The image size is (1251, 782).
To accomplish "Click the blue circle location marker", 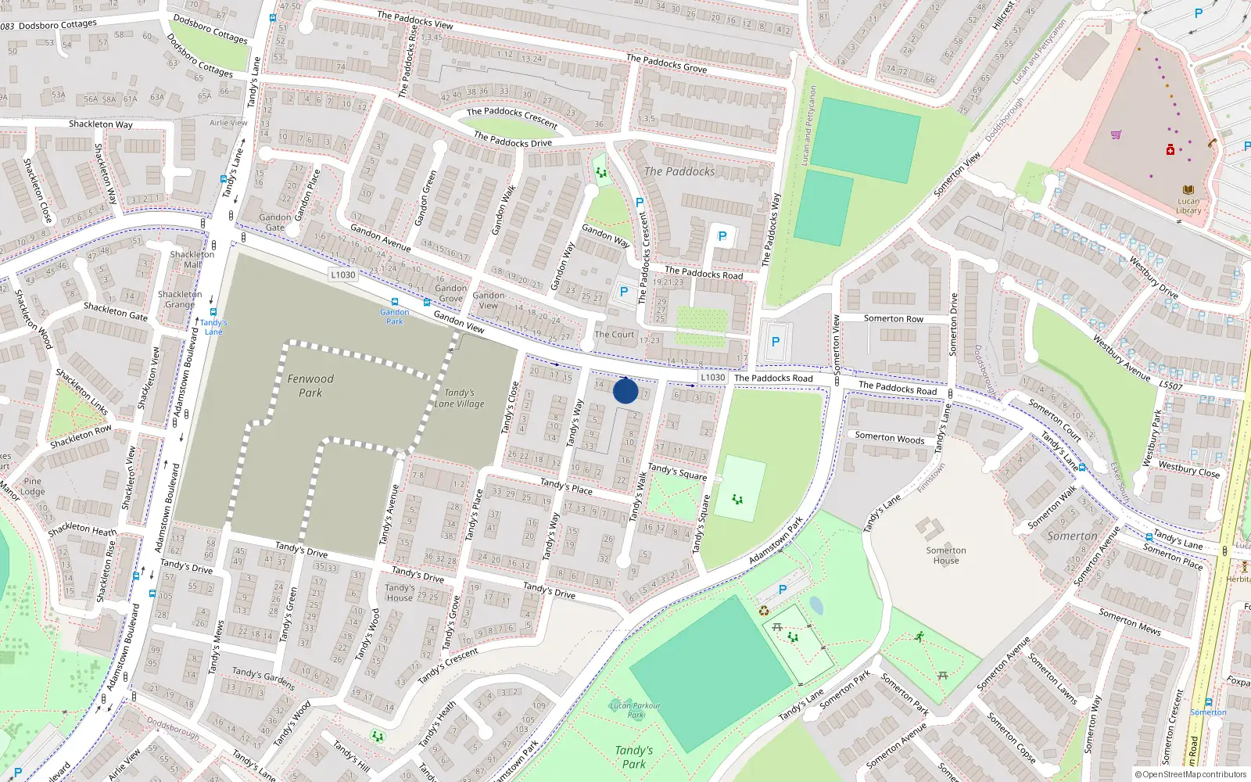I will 625,390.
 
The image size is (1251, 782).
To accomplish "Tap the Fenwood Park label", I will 310,386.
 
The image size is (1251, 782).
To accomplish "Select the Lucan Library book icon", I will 1188,190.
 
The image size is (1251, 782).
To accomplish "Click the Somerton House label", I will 946,555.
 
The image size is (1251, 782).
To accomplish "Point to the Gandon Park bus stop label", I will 395,317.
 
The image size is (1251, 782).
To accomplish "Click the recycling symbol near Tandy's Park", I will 764,611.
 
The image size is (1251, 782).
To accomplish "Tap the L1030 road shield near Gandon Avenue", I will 342,274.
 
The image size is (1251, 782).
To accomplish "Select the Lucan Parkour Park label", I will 635,709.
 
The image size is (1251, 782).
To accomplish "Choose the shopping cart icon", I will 1116,135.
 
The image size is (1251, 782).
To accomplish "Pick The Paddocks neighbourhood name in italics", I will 679,171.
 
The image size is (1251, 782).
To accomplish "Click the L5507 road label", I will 1170,386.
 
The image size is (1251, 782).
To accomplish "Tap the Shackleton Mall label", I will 192,260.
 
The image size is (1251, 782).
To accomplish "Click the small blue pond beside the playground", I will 816,605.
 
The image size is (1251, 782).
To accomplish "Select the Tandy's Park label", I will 634,757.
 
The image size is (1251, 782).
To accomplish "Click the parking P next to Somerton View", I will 775,342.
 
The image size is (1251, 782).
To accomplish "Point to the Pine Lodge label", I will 33,486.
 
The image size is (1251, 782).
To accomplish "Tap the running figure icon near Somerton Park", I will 919,637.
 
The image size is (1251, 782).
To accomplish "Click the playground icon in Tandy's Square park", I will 737,499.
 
